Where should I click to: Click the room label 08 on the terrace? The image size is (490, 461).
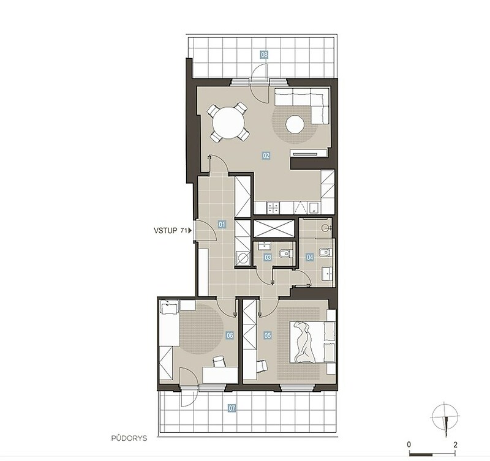tap(264, 55)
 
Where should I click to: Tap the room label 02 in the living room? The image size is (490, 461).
tap(266, 156)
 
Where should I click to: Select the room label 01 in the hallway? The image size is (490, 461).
tap(222, 224)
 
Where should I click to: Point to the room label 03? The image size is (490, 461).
tap(268, 257)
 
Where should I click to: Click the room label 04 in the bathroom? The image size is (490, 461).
tap(310, 257)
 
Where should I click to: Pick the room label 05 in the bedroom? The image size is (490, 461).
tap(268, 335)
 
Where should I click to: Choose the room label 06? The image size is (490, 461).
tap(230, 335)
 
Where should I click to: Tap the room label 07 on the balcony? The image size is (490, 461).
tap(232, 408)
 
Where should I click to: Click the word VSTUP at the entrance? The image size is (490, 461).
tap(165, 230)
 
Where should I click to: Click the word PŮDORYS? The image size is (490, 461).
tap(129, 438)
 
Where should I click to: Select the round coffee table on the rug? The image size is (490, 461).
tap(295, 124)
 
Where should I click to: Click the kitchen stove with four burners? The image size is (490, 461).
tap(273, 208)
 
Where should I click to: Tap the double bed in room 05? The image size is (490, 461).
tap(312, 342)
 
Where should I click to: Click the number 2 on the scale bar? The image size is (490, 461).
tap(455, 444)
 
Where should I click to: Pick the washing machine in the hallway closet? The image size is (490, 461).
tap(243, 258)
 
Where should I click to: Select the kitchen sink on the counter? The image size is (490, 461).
tap(314, 208)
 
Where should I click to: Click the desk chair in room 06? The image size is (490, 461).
tap(219, 361)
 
